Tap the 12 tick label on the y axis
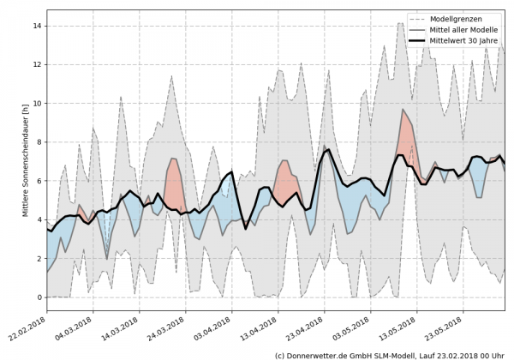[37, 65]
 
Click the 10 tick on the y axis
[37, 104]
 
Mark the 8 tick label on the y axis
[39, 142]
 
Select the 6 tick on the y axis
[39, 181]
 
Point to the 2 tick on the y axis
[39, 259]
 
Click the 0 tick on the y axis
[39, 297]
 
